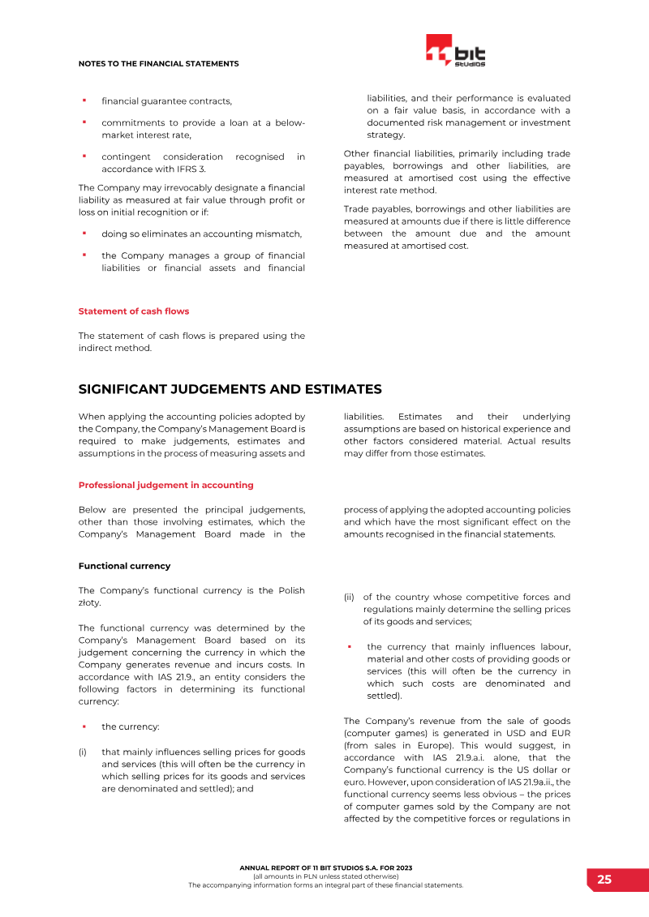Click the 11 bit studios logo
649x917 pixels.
tap(456, 51)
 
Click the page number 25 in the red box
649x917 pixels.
tap(604, 880)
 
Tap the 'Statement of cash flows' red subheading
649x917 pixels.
tap(134, 311)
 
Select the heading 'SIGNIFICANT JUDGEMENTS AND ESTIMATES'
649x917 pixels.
tap(230, 390)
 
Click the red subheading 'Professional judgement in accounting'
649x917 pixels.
tap(165, 485)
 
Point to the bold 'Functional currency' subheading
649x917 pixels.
tap(124, 565)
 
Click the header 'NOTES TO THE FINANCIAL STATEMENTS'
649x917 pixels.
tap(158, 63)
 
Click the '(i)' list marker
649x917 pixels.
tap(82, 752)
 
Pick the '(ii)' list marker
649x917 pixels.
tap(349, 598)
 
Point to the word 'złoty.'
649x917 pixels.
tap(91, 603)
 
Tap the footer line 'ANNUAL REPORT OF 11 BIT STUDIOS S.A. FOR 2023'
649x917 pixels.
tap(325, 868)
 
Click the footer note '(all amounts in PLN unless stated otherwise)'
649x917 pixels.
tap(325, 876)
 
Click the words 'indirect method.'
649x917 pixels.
tap(114, 348)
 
